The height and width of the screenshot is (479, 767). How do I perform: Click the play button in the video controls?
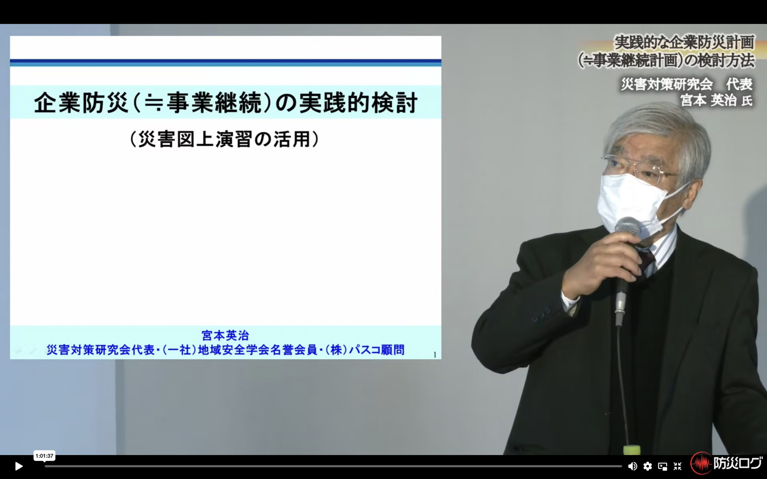(x=19, y=466)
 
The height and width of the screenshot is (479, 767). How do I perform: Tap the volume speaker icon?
(x=632, y=466)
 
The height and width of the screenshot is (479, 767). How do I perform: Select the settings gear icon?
(x=647, y=466)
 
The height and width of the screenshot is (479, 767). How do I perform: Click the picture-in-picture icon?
(x=662, y=466)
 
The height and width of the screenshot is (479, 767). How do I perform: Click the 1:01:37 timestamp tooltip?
(x=44, y=456)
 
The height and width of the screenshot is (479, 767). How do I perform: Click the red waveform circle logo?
(x=701, y=463)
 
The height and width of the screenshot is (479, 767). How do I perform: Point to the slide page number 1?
(x=435, y=355)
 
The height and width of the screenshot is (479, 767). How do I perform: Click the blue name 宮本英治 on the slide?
(x=225, y=335)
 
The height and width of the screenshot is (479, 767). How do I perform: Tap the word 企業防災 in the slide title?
(x=81, y=103)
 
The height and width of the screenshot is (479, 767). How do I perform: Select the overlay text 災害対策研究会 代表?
(x=686, y=84)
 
